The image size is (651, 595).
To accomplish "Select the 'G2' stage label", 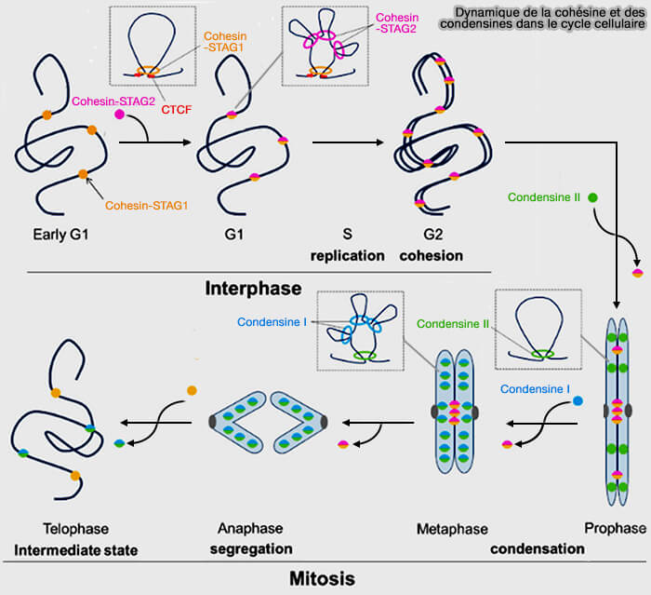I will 431,235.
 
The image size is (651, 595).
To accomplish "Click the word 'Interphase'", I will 253,288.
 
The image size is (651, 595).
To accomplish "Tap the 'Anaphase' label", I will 252,528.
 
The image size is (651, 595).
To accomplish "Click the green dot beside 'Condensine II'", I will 592,198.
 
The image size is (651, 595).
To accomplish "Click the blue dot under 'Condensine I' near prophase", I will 578,400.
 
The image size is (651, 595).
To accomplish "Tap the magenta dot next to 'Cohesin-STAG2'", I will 120,115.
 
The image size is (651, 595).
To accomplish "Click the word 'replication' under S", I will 348,255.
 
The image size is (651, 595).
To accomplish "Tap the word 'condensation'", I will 538,548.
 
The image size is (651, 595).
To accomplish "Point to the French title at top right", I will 550,16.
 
